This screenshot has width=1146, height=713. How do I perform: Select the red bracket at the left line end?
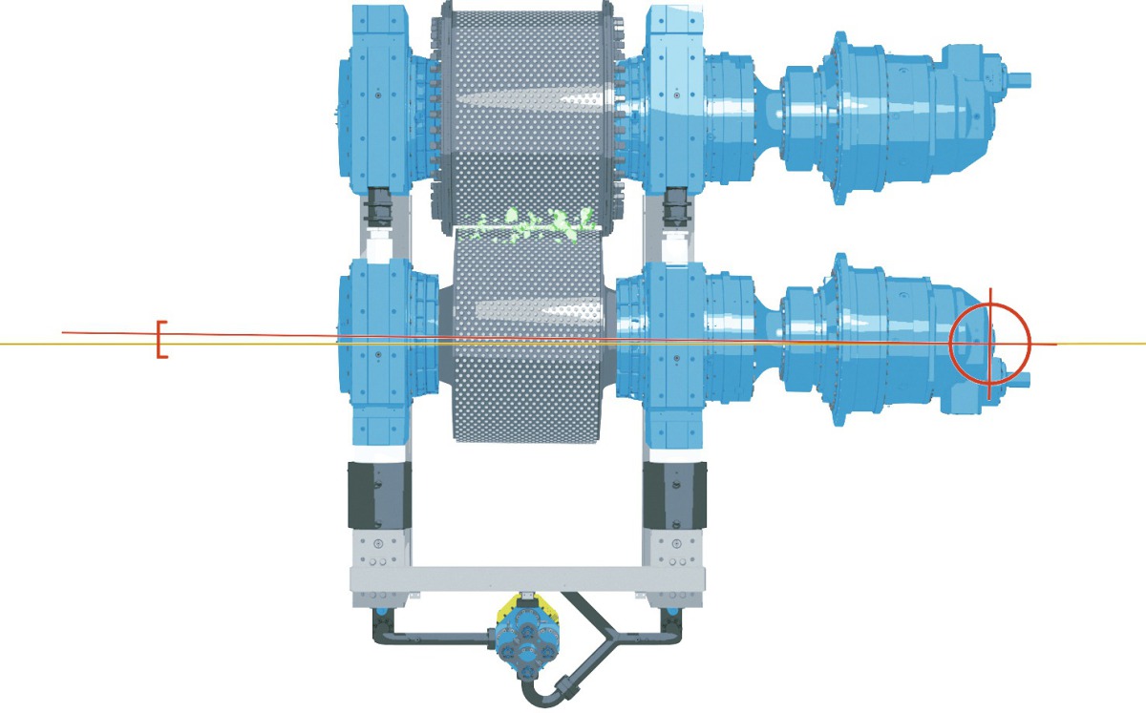(x=161, y=341)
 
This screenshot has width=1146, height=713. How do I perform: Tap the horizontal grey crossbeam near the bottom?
(x=525, y=578)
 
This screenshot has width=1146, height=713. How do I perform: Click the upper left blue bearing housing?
(x=382, y=95)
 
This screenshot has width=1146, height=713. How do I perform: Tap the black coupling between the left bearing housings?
(x=381, y=206)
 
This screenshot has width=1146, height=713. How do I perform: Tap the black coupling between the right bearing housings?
(x=676, y=206)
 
